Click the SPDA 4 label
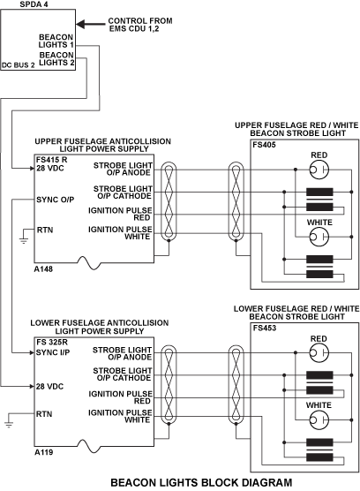[34, 4]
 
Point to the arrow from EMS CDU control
[91, 24]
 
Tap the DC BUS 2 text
[19, 65]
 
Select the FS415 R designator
[51, 160]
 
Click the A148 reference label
[43, 269]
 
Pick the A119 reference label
[43, 452]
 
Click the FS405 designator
[265, 145]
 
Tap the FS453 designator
[265, 329]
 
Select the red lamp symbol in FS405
[319, 170]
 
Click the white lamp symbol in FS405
[319, 237]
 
